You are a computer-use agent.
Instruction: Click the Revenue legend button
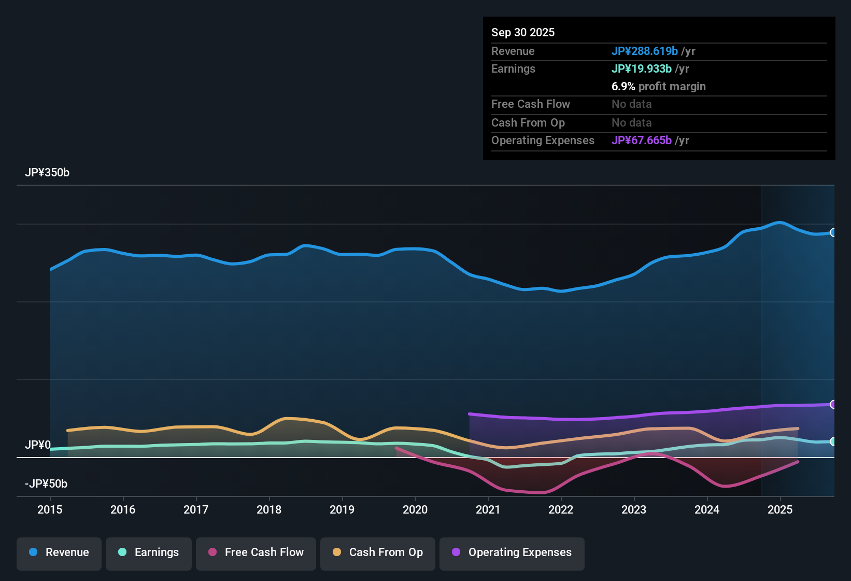[x=59, y=552]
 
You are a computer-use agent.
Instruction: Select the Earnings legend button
[x=149, y=552]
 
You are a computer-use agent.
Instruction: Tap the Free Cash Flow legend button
[x=256, y=552]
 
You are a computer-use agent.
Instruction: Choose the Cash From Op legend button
[x=378, y=552]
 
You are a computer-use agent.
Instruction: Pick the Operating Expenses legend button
[x=512, y=552]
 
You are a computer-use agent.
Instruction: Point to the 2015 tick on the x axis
[x=50, y=509]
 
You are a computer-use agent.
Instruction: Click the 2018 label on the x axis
[x=269, y=509]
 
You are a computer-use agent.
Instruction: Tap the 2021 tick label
[x=488, y=509]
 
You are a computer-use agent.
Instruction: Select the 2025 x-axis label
[x=780, y=509]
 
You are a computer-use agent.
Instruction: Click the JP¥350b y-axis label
[x=47, y=173]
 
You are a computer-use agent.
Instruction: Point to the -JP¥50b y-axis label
[x=46, y=484]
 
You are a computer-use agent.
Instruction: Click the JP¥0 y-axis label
[x=38, y=445]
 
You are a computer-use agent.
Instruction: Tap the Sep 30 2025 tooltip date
[x=523, y=33]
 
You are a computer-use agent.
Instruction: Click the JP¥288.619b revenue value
[x=645, y=51]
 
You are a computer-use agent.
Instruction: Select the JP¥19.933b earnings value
[x=642, y=69]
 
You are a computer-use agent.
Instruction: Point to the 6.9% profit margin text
[x=659, y=87]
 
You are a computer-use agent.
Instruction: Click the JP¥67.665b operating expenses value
[x=642, y=141]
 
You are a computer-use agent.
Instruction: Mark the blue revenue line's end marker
[x=833, y=232]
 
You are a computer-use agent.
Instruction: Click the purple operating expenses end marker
[x=833, y=404]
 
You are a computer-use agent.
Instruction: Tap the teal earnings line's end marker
[x=833, y=441]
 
